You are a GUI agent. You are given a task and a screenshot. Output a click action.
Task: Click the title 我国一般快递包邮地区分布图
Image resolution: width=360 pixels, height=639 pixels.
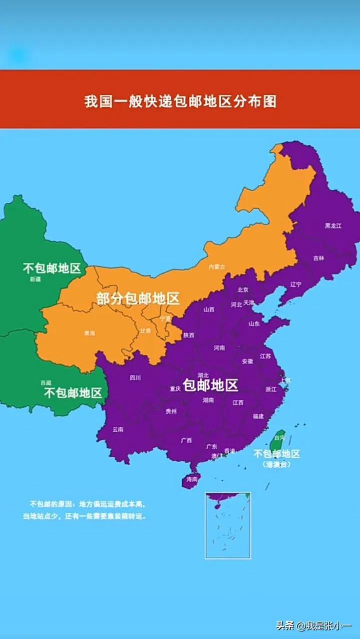click(x=180, y=101)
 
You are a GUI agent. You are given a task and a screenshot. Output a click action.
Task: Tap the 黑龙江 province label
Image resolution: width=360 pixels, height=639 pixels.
click(x=333, y=226)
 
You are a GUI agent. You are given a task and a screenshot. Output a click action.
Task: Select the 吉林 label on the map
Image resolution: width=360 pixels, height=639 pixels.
click(x=319, y=258)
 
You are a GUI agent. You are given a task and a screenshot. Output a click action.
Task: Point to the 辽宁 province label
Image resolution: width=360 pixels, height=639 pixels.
click(x=296, y=285)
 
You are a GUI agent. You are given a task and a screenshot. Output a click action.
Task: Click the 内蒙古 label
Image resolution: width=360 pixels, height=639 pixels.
click(x=217, y=267)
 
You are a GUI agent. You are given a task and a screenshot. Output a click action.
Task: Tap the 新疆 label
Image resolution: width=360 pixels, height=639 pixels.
click(x=35, y=280)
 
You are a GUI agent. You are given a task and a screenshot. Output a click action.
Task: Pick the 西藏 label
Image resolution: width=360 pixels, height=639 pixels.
click(x=46, y=383)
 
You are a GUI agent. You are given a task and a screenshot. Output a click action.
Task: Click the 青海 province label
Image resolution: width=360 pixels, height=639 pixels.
click(x=89, y=333)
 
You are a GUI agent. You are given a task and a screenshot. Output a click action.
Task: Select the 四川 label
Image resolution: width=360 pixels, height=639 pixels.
click(x=135, y=378)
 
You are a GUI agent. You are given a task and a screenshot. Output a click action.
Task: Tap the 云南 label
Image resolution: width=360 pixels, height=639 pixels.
click(x=118, y=429)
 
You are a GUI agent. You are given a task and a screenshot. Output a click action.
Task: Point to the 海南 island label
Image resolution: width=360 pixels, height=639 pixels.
click(x=192, y=479)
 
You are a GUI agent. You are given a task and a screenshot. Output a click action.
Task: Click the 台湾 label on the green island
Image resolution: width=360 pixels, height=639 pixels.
click(x=279, y=437)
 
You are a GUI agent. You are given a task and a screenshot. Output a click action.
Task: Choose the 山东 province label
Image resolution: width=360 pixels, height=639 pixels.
click(x=254, y=323)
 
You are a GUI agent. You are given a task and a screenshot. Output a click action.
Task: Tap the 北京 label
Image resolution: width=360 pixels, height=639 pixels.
click(x=243, y=290)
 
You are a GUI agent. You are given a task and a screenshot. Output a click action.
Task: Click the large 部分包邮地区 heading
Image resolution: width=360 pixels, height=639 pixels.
click(x=138, y=299)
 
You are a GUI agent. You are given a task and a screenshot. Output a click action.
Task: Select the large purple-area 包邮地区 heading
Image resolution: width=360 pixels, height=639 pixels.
click(x=210, y=385)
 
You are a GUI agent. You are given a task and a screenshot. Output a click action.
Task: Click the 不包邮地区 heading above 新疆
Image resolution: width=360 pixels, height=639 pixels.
click(x=52, y=269)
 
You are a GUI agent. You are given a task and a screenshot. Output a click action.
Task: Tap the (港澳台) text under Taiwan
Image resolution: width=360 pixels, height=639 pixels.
click(x=276, y=464)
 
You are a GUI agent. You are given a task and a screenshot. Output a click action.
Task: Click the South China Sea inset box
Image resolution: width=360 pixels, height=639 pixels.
click(x=228, y=525)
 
